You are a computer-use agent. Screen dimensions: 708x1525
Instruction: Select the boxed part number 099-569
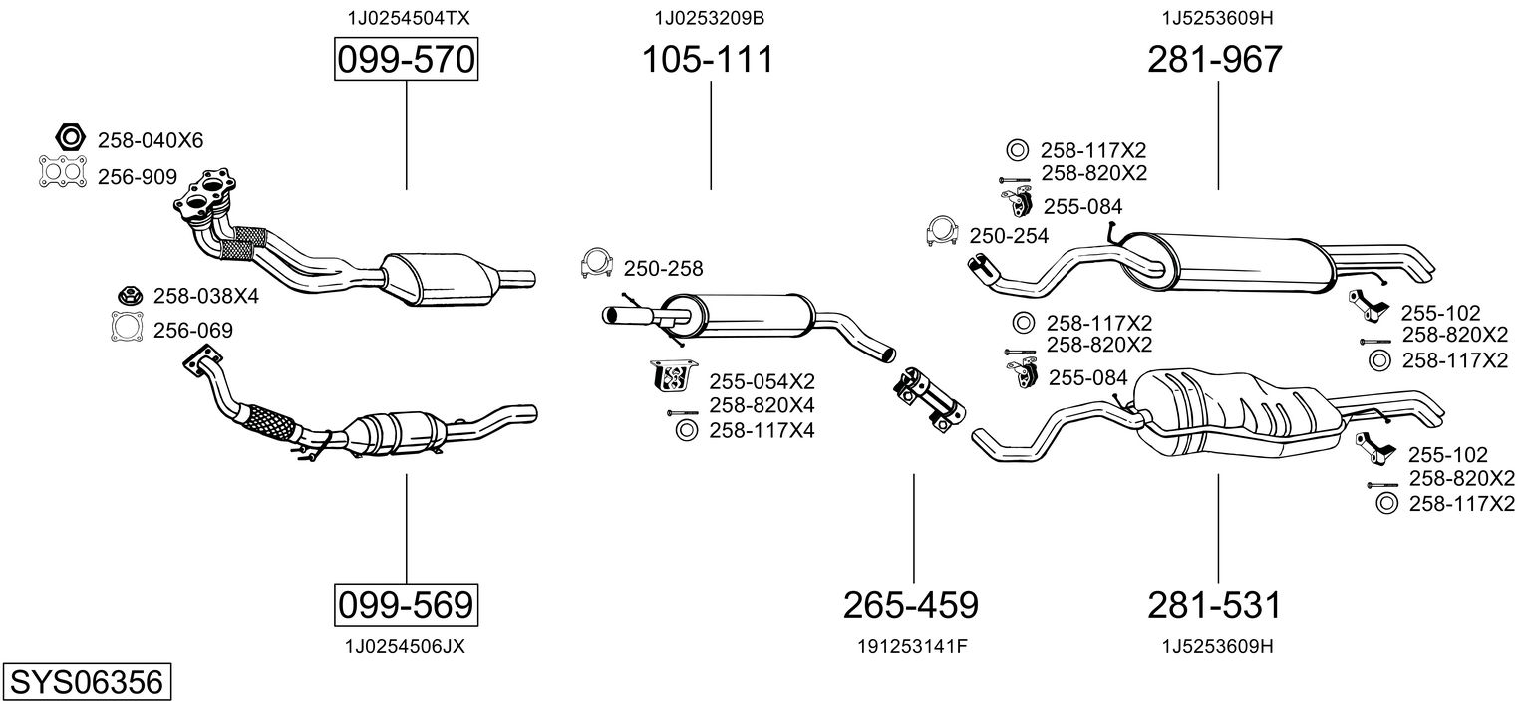[x=406, y=604]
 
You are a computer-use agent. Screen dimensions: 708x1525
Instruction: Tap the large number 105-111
[x=707, y=60]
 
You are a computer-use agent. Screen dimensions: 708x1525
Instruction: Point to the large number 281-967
[x=1215, y=60]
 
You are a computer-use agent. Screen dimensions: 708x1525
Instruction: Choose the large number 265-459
[x=911, y=604]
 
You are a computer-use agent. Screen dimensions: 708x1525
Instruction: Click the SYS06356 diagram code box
[x=86, y=683]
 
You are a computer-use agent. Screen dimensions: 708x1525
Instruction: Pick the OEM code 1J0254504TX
[x=409, y=18]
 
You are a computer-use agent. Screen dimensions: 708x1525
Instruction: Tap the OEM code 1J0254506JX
[x=405, y=646]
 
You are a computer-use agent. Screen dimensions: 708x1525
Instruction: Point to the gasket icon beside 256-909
[x=61, y=173]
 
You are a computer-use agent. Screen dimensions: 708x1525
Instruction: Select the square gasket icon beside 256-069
[x=127, y=328]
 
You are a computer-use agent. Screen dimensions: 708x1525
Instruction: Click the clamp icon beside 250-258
[x=596, y=264]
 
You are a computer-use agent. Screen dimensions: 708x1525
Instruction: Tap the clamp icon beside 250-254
[x=942, y=231]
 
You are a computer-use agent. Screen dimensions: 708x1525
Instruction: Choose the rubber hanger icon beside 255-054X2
[x=674, y=378]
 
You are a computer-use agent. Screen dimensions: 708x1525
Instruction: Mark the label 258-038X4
[x=206, y=296]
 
